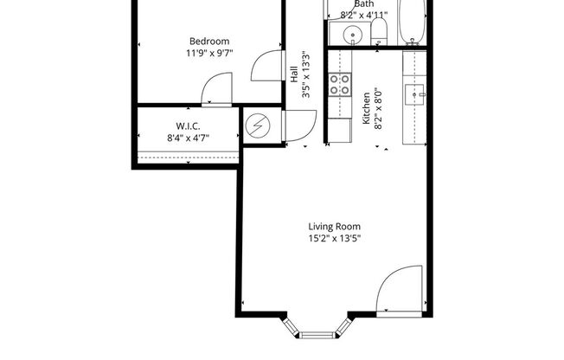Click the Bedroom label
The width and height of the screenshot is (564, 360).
209,41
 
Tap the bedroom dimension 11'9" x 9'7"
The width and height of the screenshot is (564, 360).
209,53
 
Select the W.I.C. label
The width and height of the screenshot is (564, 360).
189,126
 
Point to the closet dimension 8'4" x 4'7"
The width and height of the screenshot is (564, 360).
189,138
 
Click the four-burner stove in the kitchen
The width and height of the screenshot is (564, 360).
339,84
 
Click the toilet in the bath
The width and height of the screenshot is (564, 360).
378,33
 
